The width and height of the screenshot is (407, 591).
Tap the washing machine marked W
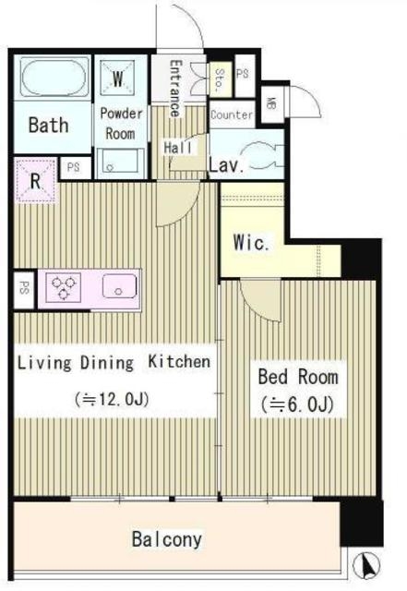tap(117, 78)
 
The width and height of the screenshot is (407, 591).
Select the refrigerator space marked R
tap(36, 181)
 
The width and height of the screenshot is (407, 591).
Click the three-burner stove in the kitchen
tap(63, 287)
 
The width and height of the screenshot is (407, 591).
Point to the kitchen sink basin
tap(119, 286)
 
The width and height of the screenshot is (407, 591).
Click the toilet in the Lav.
tap(264, 154)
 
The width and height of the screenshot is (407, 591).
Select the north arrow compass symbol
tap(366, 565)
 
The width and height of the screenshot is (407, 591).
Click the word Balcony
tap(167, 539)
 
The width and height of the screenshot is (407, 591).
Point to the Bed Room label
tap(298, 377)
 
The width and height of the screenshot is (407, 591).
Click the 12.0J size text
tap(112, 399)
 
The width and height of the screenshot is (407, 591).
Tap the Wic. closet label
tap(251, 242)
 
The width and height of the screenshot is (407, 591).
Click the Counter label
tap(232, 115)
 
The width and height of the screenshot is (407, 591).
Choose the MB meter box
tap(272, 103)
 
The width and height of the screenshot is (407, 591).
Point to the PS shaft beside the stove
tap(24, 289)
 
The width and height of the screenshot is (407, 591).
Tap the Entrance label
tap(174, 89)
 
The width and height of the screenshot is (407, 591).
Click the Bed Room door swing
tap(262, 299)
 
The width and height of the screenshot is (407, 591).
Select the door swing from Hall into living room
tap(178, 204)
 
